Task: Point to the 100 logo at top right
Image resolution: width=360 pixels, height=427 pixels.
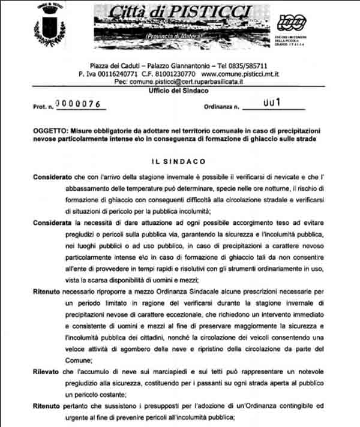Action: (x=292, y=23)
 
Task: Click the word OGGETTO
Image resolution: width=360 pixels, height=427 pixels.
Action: (x=50, y=130)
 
